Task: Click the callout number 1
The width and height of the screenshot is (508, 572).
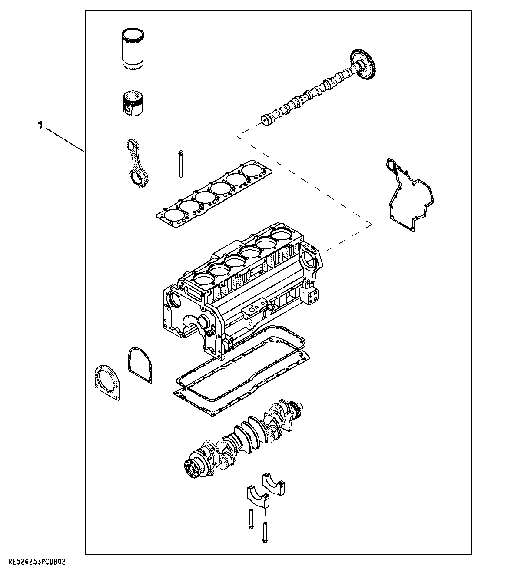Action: (40, 126)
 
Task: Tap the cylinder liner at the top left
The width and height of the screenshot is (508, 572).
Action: (135, 49)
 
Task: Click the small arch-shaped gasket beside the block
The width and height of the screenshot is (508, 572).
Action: (140, 365)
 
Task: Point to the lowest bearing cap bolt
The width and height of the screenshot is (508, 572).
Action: (265, 532)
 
